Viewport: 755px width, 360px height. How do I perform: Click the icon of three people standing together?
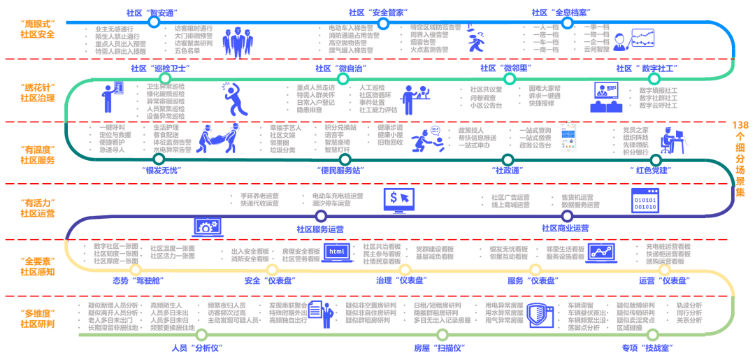tap(238, 42)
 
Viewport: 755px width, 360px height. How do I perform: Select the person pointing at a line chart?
tap(633, 40)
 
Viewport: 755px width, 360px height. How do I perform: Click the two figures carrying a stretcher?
tap(218, 138)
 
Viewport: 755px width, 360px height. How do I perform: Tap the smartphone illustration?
tap(568, 136)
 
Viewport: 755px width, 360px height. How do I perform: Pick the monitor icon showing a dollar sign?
tap(399, 200)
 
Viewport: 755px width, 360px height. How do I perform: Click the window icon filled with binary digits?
tap(645, 200)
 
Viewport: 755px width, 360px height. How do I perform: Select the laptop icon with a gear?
tap(208, 226)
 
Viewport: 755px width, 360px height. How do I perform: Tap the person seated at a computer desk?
tap(673, 140)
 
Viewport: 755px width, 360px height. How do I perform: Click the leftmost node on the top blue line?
tap(154, 22)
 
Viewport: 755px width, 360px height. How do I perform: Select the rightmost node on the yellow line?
tap(665, 270)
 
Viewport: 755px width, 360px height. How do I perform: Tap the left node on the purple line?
tap(321, 216)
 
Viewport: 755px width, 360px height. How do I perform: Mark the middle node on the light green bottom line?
tap(442, 334)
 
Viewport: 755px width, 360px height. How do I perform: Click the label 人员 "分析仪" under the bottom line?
tap(197, 347)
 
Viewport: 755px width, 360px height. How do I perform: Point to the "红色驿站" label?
tap(650, 170)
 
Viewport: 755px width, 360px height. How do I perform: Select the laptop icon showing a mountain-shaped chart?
tap(601, 252)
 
